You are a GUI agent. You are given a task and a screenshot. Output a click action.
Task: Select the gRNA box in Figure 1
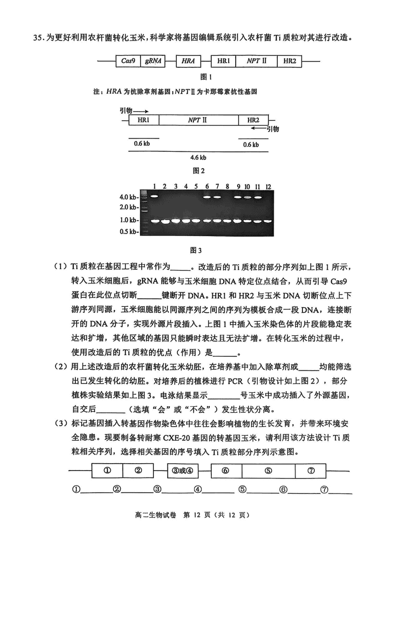153,61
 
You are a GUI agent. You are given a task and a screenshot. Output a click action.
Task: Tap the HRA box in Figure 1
188,61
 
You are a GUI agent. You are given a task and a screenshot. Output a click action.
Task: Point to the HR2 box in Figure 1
290,61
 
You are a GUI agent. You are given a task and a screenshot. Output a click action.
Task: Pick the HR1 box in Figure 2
145,120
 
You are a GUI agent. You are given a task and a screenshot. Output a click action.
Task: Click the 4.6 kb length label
199,158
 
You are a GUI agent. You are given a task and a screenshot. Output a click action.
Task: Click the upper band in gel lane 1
154,196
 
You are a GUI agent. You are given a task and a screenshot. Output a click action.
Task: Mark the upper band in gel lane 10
247,197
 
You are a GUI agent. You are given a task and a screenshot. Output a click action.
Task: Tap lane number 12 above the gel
268,186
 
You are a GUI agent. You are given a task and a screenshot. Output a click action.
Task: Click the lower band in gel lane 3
176,221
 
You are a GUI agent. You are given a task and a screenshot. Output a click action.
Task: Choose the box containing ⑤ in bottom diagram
268,471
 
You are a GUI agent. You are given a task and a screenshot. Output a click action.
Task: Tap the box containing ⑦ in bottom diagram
311,471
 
